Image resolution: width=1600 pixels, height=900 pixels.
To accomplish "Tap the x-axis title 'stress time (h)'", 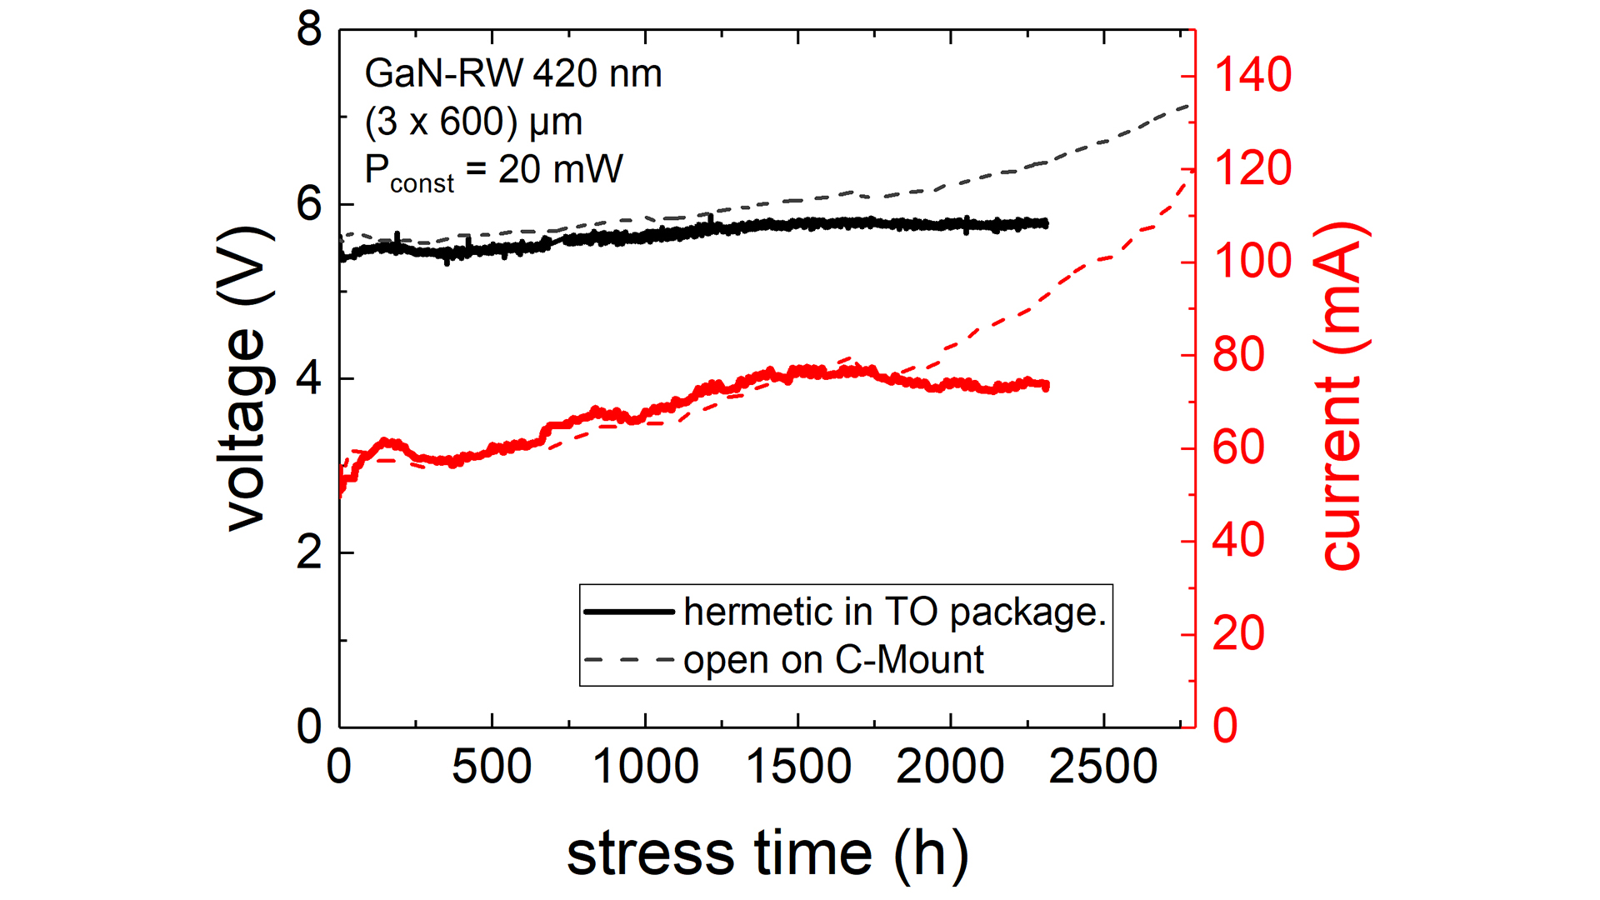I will point(767,853).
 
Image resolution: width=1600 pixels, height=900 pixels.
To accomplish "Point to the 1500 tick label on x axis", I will point(797,767).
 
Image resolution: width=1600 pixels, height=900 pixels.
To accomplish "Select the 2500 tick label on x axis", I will point(1102,767).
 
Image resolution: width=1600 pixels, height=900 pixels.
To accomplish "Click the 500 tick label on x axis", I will point(492,767).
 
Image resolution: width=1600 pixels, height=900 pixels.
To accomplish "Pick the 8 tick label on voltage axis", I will point(309,30).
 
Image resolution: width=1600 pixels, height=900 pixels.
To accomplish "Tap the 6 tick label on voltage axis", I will point(309,204).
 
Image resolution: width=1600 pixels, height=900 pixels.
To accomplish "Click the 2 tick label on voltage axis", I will point(309,552).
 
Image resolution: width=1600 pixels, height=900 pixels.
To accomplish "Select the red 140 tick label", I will point(1252,75).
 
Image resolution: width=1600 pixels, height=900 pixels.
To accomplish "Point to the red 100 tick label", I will point(1252,262).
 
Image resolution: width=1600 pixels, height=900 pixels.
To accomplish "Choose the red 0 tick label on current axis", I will point(1225,726).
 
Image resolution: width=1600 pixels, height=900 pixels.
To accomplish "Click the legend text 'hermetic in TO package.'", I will point(895,612).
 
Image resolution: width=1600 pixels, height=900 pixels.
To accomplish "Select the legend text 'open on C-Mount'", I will point(833,660).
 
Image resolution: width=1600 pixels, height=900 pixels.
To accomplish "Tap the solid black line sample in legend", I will point(629,612).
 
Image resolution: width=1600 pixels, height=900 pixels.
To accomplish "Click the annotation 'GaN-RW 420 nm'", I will point(513,74).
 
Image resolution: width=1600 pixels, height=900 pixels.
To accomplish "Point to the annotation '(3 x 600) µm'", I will point(473,122).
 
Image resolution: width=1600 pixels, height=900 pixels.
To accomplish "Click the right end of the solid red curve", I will point(1047,386).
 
